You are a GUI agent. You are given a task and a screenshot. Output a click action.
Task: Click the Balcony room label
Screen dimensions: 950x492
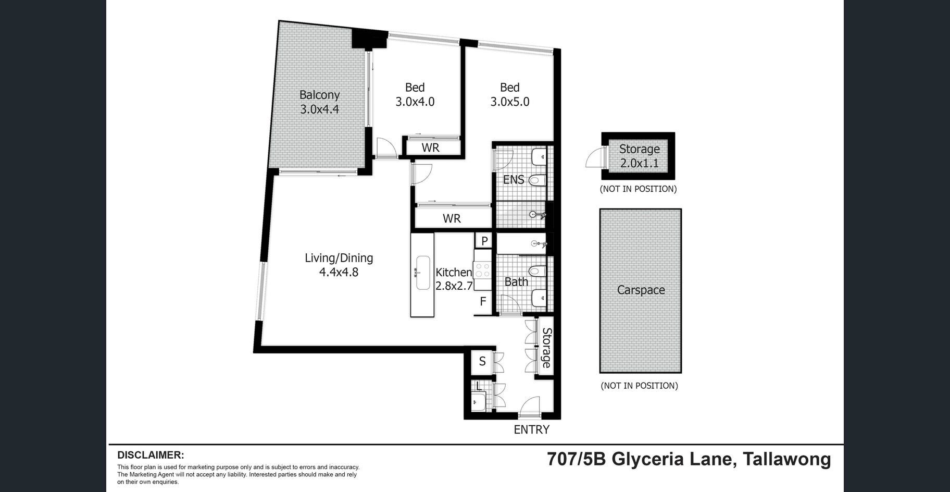(319, 95)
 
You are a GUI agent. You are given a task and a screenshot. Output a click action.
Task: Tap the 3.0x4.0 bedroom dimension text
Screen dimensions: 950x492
(415, 102)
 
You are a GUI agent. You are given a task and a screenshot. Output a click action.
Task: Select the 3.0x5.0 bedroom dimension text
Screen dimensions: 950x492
(509, 102)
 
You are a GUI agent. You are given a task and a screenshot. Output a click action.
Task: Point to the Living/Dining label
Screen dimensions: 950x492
(339, 258)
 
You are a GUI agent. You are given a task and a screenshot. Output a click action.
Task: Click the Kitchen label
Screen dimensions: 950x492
(454, 272)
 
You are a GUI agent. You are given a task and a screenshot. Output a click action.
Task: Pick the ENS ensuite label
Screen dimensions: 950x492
(514, 180)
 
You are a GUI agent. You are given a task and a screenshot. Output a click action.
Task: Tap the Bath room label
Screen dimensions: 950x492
(516, 282)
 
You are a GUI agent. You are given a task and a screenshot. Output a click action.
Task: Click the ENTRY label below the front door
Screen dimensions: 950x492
(531, 429)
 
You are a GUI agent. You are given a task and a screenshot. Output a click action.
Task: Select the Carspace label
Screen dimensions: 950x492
(641, 290)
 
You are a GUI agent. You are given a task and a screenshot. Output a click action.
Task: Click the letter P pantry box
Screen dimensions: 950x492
(484, 241)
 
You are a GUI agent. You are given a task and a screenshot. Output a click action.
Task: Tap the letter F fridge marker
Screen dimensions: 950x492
(483, 301)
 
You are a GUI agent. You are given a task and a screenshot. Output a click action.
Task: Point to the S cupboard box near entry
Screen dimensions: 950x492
(482, 361)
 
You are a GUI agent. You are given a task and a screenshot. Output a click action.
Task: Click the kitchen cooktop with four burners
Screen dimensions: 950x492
(482, 270)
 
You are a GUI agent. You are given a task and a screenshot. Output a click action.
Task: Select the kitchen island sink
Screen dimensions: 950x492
(422, 272)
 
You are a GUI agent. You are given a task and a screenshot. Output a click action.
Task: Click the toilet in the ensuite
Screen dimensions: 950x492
(537, 181)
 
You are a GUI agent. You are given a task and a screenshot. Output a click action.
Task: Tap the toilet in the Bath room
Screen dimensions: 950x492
(537, 271)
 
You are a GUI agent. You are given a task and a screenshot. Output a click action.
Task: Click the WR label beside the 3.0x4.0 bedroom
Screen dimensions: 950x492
(430, 147)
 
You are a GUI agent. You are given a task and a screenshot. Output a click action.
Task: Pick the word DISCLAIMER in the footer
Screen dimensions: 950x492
(151, 455)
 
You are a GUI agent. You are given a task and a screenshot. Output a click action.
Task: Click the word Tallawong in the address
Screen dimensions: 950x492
(787, 459)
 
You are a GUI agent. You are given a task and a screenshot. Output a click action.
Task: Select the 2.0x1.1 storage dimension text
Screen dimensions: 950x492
(639, 163)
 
